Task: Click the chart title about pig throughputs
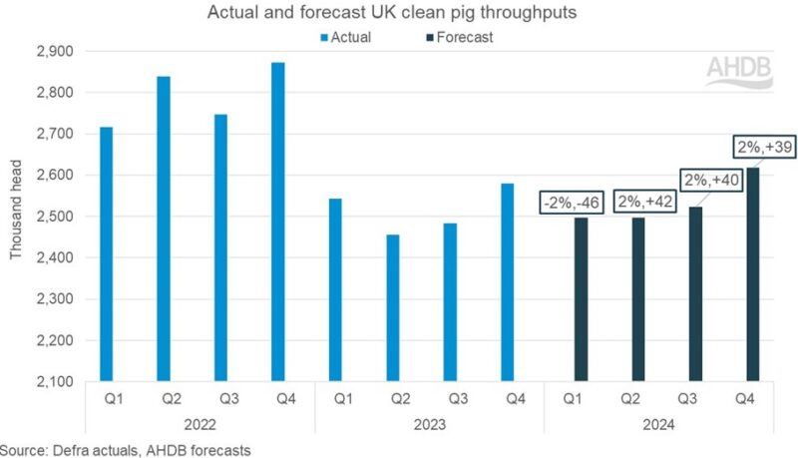click(398, 13)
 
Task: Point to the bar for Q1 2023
click(335, 289)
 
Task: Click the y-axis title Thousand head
click(16, 217)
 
